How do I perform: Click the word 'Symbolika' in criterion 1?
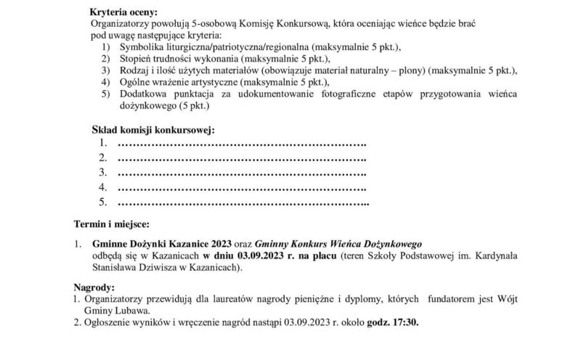pos(140,47)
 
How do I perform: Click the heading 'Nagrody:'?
pos(94,287)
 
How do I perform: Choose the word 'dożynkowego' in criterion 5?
pos(147,105)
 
